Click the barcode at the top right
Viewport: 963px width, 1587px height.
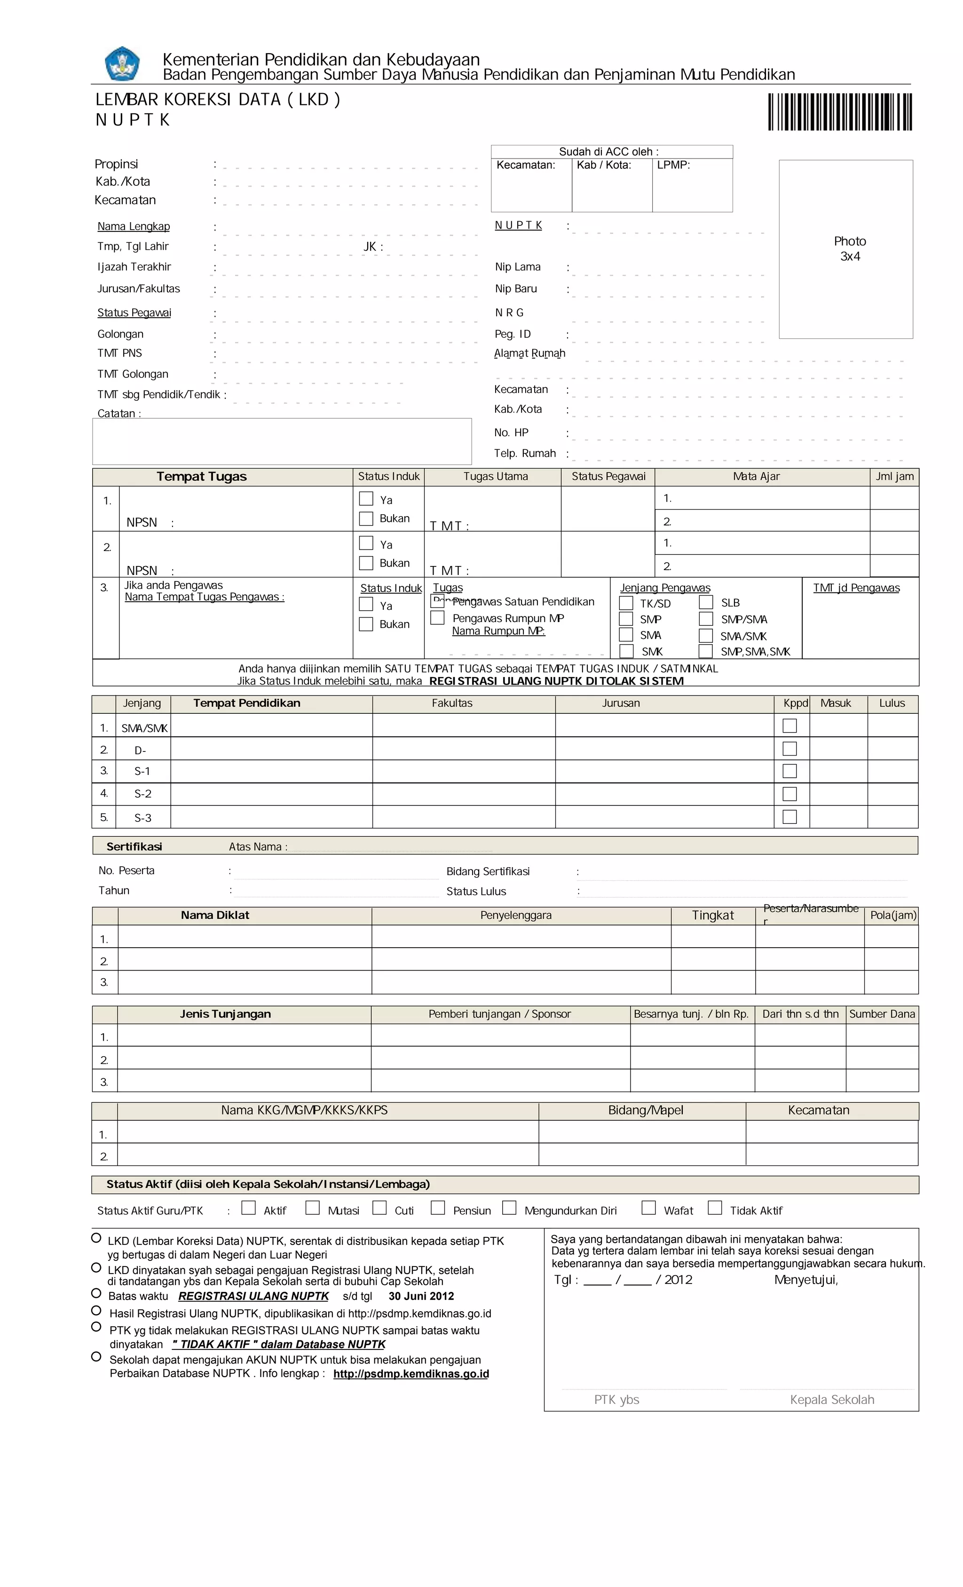(x=839, y=112)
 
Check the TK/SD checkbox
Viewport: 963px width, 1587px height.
(x=626, y=603)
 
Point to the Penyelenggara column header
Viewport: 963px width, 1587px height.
(x=516, y=915)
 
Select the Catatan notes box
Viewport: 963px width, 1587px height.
(x=282, y=441)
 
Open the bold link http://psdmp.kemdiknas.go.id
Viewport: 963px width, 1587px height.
(x=410, y=1374)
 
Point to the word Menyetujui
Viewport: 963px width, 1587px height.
(x=805, y=1280)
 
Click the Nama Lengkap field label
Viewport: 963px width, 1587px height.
(x=133, y=226)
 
